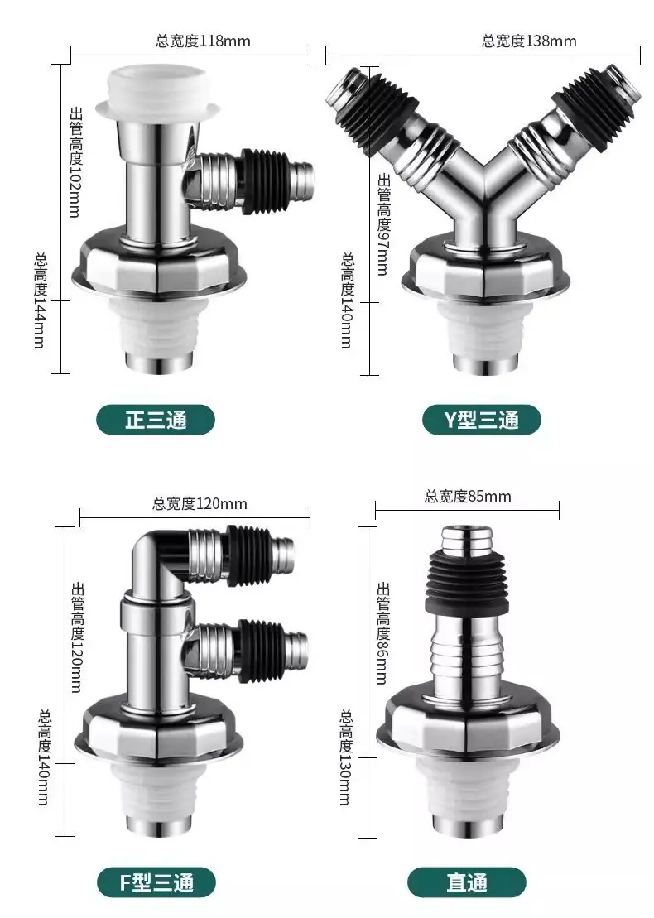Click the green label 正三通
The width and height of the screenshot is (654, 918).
[156, 420]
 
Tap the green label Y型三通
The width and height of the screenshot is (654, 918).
[481, 420]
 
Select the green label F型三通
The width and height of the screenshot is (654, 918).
[156, 882]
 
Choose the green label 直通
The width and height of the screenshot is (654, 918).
[467, 882]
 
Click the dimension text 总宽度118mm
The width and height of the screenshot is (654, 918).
[203, 41]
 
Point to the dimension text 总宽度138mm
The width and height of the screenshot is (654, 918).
[529, 41]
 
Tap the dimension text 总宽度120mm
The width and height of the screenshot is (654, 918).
[200, 503]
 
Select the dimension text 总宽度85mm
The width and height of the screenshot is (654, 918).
[468, 497]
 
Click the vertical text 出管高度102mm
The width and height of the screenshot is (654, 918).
[75, 161]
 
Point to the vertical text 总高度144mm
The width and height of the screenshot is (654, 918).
[40, 300]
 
